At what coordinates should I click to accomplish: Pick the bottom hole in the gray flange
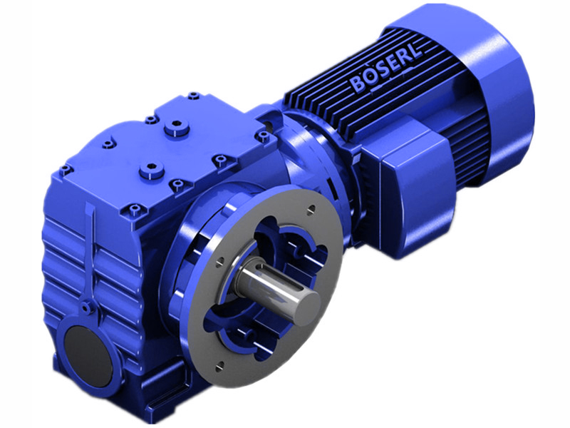point(220,365)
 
